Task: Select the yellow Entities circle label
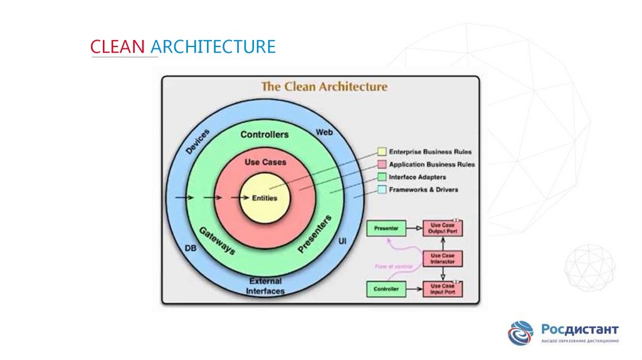click(264, 198)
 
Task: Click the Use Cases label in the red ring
click(265, 162)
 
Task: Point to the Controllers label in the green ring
click(265, 135)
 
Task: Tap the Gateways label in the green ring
click(217, 241)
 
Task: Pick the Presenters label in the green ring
click(315, 235)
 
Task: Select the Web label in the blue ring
click(324, 133)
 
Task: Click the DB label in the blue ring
click(191, 248)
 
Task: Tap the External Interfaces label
click(265, 286)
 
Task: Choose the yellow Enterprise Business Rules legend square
click(381, 152)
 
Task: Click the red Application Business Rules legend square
click(381, 164)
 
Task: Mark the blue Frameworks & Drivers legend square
click(381, 189)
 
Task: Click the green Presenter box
click(386, 228)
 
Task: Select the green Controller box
click(386, 289)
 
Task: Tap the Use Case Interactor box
click(443, 258)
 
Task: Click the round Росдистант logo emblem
click(520, 333)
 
